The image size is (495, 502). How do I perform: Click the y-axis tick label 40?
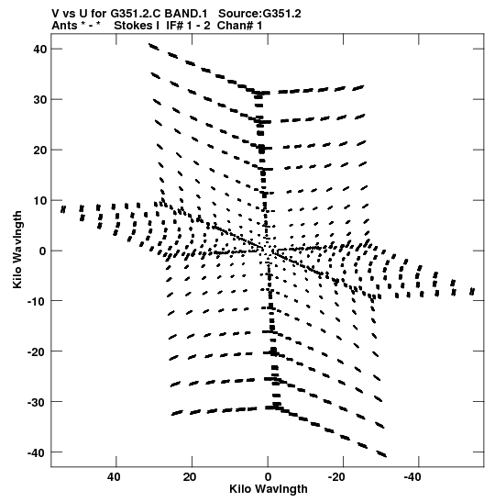[x=40, y=50]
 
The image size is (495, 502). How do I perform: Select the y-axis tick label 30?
[x=40, y=99]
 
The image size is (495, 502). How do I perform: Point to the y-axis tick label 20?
[x=40, y=150]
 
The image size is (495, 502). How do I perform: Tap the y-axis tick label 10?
[x=40, y=200]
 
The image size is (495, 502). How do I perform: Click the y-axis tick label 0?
[x=43, y=251]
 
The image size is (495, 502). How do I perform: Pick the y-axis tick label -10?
[x=37, y=301]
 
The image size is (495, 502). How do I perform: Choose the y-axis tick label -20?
[x=37, y=351]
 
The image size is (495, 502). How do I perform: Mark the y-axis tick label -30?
[x=37, y=402]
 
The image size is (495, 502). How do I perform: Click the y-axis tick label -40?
[x=37, y=452]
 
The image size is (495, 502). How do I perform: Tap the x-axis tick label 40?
[x=115, y=477]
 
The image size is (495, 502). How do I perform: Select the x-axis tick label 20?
[x=190, y=477]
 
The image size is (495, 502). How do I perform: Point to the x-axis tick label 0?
[x=268, y=477]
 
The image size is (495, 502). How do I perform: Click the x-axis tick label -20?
[x=336, y=477]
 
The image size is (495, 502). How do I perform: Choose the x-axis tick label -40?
[x=412, y=477]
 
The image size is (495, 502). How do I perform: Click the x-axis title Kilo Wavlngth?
[x=269, y=489]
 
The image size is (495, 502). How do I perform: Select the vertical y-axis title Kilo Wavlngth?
[x=17, y=250]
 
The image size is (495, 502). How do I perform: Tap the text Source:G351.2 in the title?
[x=259, y=14]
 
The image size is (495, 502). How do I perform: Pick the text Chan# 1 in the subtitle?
[x=239, y=26]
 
